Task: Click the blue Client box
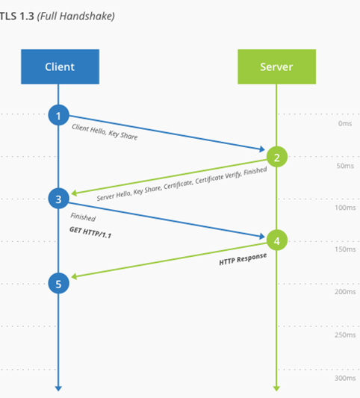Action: pos(60,66)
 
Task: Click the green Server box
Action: pos(277,66)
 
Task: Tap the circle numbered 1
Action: pos(59,115)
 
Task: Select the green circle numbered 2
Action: pos(277,157)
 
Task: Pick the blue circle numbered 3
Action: pos(59,199)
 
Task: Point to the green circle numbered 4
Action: pos(277,240)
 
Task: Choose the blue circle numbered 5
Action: pos(59,283)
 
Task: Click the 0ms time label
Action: pos(345,124)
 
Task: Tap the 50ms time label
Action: pos(345,166)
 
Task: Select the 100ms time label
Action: pos(345,208)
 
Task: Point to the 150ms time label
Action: pos(345,249)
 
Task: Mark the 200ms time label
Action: pos(345,292)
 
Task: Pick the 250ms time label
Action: pos(345,335)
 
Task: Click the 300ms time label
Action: pos(345,378)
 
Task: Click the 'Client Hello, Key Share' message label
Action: pos(105,131)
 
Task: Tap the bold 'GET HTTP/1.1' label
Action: pos(90,232)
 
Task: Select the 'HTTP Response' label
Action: pos(243,259)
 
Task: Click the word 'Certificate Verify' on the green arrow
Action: pos(218,177)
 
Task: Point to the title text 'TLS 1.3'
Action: pos(16,16)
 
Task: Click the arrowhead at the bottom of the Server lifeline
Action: pos(276,388)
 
